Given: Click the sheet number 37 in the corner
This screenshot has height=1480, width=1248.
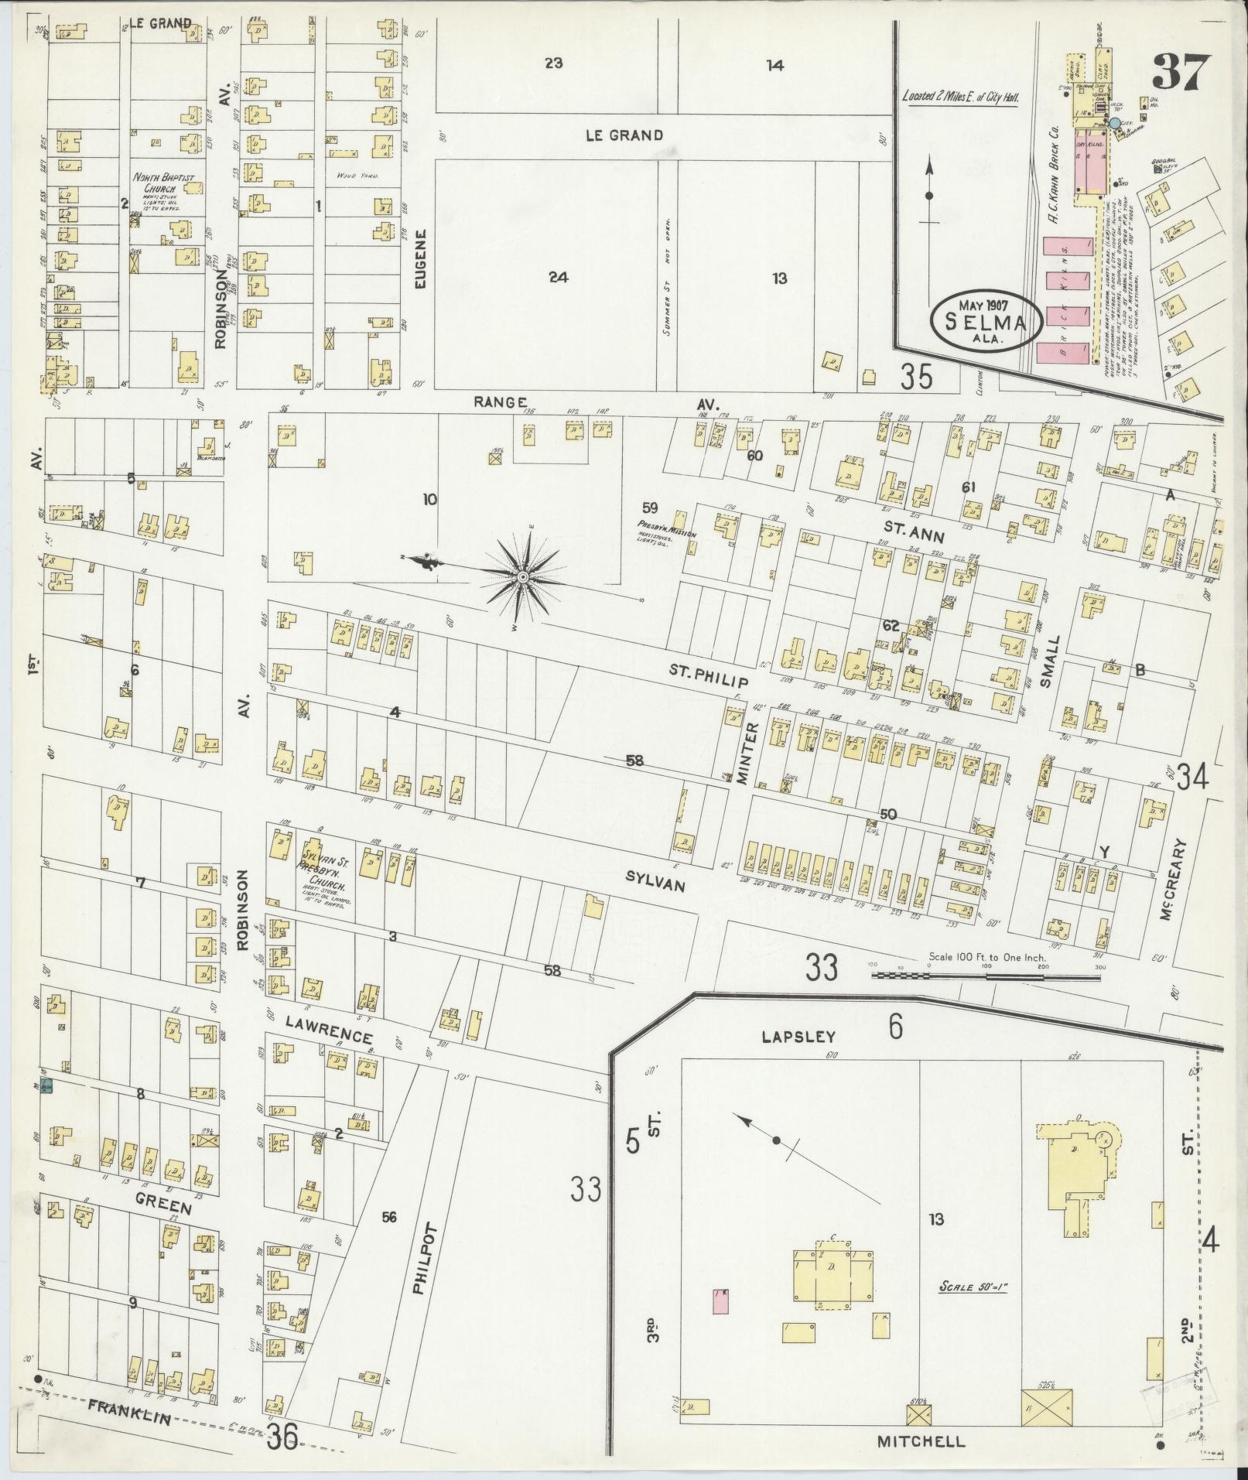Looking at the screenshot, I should coord(1179,73).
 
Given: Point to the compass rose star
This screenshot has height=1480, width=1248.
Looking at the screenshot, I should coord(524,577).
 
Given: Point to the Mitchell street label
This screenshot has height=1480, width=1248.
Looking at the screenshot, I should coord(921,1441).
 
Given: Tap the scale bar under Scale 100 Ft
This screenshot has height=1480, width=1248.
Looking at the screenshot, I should coord(986,977).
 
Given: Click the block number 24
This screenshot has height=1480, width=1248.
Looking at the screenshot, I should coord(558,277).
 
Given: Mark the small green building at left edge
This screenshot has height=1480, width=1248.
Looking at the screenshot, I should coord(46,1087).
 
